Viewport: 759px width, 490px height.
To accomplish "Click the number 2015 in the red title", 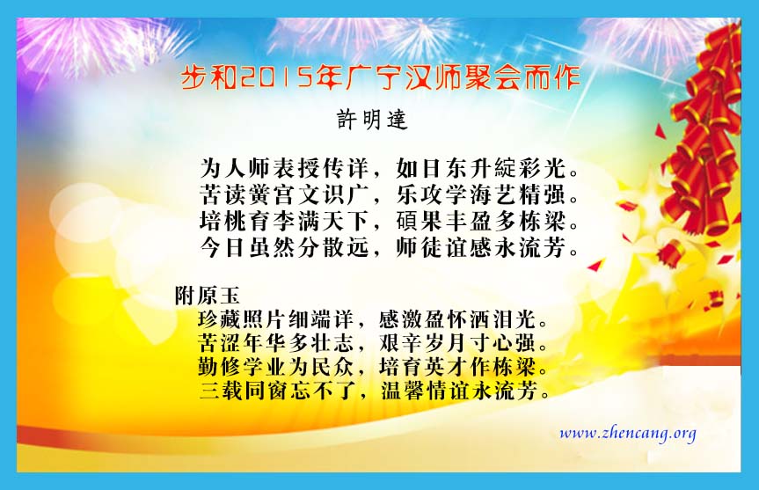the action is click(x=277, y=77).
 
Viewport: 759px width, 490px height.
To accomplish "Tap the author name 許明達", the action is click(x=372, y=120).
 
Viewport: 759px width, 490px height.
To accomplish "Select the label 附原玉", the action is click(x=208, y=296).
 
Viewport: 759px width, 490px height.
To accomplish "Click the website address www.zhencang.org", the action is click(x=628, y=433).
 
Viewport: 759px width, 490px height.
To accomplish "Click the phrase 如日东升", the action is click(x=444, y=168).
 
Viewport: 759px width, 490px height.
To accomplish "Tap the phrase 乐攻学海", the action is click(x=444, y=194).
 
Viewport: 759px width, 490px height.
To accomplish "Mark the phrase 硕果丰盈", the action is click(x=444, y=222).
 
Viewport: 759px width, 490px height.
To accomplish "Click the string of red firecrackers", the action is click(x=702, y=141).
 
